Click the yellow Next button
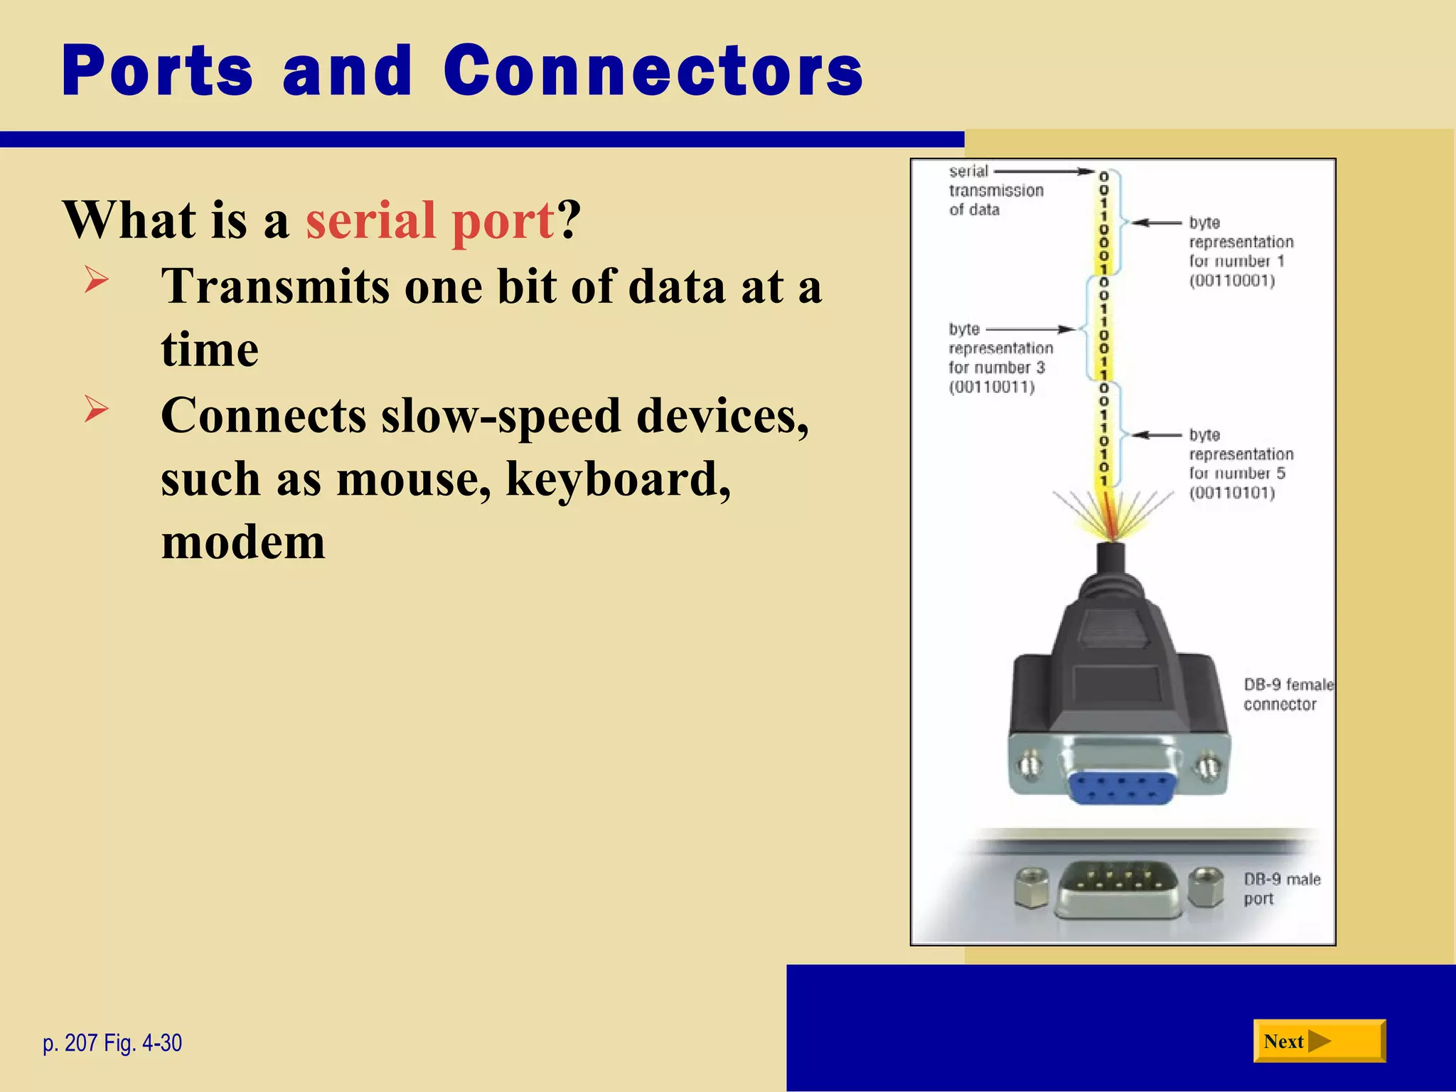(x=1319, y=1041)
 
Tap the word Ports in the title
(x=157, y=71)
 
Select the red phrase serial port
(x=429, y=220)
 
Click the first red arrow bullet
(x=96, y=279)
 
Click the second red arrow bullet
(x=96, y=409)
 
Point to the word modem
(x=243, y=542)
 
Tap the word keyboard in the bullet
(x=618, y=478)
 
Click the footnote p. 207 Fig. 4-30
(x=112, y=1043)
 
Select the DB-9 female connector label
(x=1287, y=694)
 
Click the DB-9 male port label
(x=1281, y=889)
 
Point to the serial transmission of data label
(x=995, y=191)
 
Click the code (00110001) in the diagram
(x=1232, y=281)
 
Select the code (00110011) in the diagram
(x=992, y=387)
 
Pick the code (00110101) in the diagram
(x=1232, y=493)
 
